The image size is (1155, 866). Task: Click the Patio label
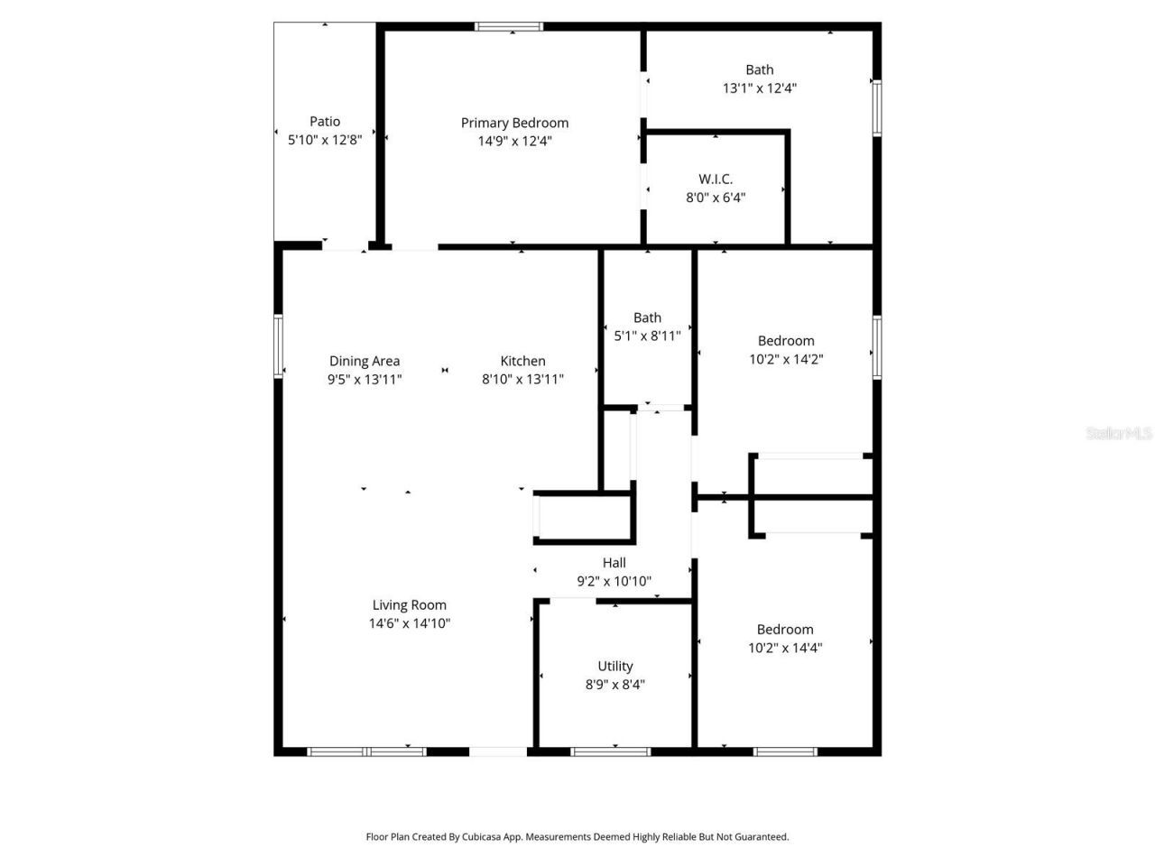(x=325, y=122)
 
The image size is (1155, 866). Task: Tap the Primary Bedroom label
(x=514, y=124)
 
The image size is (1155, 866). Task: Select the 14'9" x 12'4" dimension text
(x=514, y=142)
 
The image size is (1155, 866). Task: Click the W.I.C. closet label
(x=716, y=180)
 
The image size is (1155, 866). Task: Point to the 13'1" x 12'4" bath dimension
(x=760, y=88)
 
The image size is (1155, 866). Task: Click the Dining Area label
(x=365, y=362)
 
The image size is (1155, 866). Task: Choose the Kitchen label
(x=523, y=362)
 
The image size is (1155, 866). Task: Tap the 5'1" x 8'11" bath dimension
(x=647, y=336)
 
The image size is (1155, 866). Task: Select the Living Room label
(x=410, y=605)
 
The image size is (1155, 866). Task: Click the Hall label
(x=614, y=563)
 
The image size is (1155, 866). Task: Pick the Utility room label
(x=615, y=667)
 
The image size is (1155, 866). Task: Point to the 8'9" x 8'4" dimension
(x=615, y=685)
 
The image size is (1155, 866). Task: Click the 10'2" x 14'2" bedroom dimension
(x=786, y=359)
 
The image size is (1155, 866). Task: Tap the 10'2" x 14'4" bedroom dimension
(x=785, y=648)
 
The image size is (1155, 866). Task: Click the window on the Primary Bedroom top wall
(x=510, y=27)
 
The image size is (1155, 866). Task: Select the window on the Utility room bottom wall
(x=611, y=751)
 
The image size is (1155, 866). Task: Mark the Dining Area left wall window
(x=279, y=344)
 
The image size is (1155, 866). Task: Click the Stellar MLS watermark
(x=1119, y=434)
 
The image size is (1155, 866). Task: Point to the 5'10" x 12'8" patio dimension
(x=325, y=140)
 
